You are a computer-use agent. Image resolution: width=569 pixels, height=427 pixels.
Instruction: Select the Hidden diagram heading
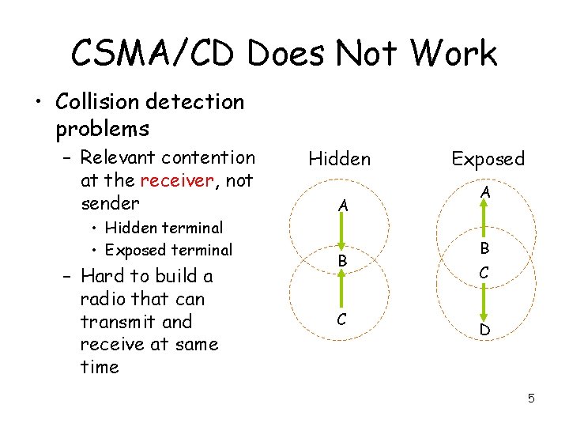[339, 159]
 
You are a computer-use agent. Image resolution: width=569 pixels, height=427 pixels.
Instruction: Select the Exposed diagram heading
[488, 159]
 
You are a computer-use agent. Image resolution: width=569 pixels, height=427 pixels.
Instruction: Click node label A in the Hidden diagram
[342, 206]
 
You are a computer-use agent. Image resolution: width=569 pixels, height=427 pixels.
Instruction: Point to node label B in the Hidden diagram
[342, 260]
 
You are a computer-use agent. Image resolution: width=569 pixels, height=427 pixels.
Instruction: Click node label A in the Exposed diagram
[486, 192]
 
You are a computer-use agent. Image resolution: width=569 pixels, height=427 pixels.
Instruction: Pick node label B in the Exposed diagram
[486, 247]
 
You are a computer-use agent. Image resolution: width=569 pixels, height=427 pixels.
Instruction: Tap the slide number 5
[531, 399]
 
